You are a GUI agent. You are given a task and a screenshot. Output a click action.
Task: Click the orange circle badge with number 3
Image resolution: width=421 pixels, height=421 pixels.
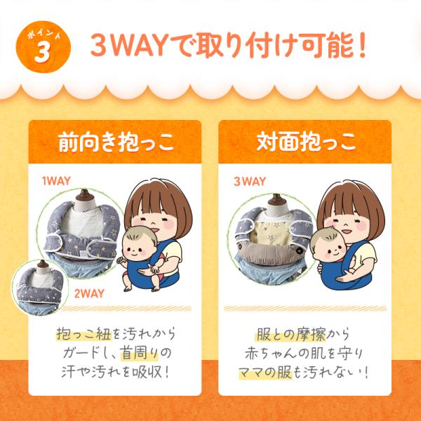44,47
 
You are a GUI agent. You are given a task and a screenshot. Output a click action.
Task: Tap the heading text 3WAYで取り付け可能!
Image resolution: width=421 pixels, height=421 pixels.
229,45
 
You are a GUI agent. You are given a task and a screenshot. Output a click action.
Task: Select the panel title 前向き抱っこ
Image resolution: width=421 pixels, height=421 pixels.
116,142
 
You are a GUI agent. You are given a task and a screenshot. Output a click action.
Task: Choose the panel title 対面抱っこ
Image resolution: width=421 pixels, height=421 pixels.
307,142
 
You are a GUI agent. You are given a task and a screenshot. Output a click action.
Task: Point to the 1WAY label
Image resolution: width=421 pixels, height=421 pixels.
56,181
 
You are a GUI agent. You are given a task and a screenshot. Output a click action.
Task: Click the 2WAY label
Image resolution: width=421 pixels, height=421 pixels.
89,293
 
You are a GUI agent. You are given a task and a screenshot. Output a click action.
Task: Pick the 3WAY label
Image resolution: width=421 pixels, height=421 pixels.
250,181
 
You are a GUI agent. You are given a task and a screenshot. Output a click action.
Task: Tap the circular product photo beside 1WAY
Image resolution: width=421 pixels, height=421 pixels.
81,233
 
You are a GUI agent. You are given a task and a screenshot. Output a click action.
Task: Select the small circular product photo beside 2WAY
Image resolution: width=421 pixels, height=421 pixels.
40,287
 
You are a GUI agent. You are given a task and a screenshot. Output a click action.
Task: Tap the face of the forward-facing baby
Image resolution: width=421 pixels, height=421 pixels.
138,248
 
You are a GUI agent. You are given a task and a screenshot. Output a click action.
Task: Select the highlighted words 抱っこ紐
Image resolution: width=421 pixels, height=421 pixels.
83,334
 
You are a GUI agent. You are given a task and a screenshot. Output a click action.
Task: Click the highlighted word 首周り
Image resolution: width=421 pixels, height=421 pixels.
140,353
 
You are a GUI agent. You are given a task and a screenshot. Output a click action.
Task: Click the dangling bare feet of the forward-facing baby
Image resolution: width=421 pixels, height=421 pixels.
141,288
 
